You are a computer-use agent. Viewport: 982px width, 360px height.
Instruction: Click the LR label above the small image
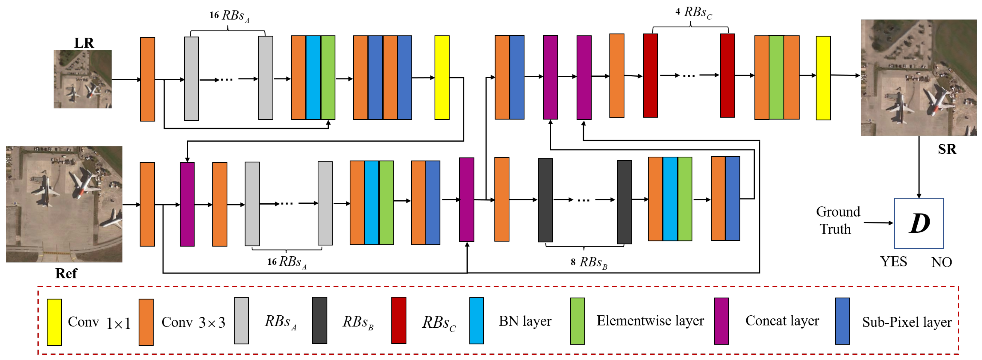pos(84,43)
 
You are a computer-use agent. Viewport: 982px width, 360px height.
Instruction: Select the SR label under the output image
pos(947,149)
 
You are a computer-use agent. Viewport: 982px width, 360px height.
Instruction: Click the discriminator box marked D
pos(919,223)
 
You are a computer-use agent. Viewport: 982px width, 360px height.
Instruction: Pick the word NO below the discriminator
pos(941,262)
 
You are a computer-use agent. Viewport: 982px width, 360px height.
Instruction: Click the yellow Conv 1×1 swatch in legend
pos(54,322)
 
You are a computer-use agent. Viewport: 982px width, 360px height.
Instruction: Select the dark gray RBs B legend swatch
pos(319,320)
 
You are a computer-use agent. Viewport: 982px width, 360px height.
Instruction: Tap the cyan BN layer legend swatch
pos(477,320)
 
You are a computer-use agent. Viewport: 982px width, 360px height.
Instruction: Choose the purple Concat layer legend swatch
pos(721,321)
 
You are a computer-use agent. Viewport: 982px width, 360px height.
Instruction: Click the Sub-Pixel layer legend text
pos(907,322)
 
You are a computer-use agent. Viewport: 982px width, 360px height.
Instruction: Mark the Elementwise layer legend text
pos(650,321)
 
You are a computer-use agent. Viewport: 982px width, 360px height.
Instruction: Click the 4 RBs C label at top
pos(693,13)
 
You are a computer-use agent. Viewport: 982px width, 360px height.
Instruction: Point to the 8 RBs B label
pos(589,262)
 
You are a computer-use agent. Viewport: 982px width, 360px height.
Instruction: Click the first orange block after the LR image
pos(148,79)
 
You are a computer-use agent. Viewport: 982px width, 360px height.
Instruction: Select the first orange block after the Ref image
pos(147,204)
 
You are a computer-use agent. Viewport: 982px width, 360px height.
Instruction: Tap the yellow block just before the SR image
pos(823,78)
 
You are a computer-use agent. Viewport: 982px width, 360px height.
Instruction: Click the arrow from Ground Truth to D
pos(878,223)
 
